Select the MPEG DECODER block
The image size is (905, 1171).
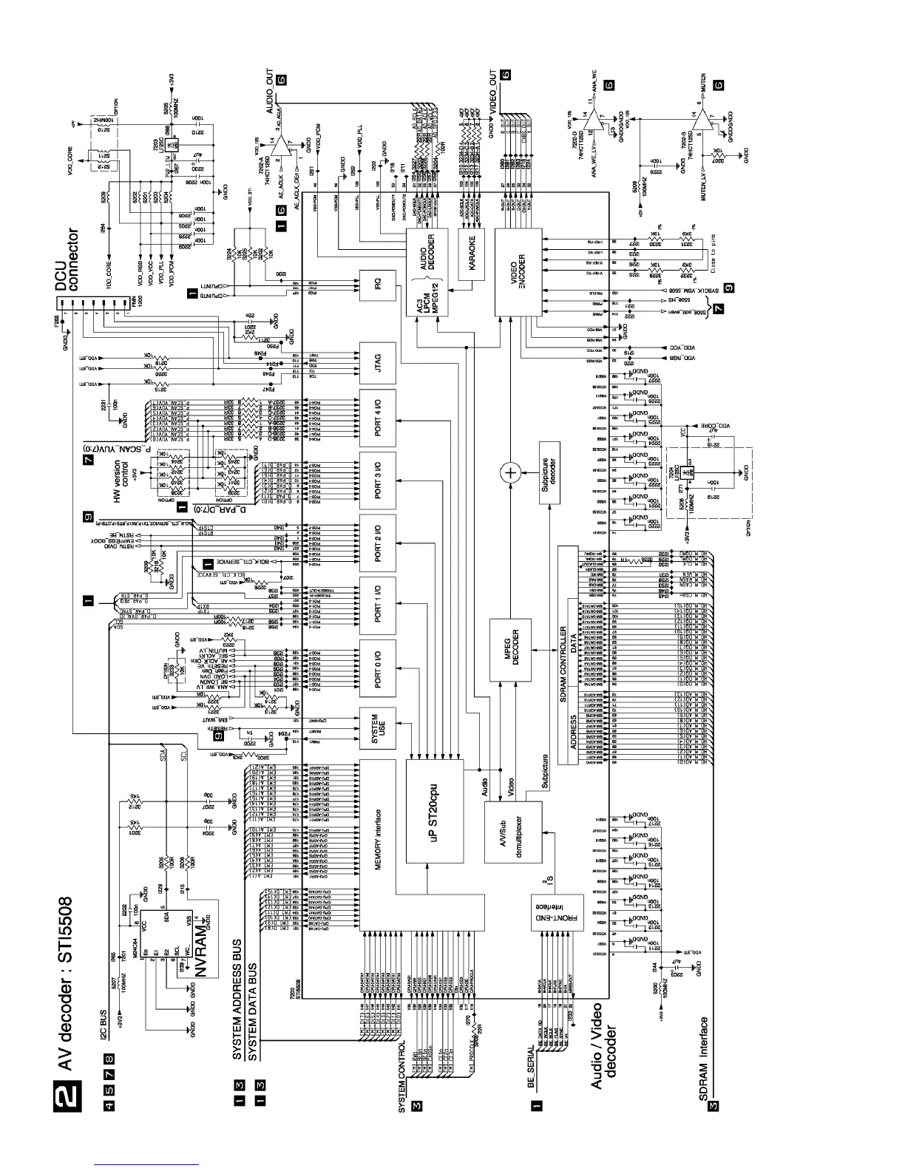point(516,648)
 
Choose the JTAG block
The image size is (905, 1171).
point(377,363)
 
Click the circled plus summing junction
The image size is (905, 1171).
point(509,472)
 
